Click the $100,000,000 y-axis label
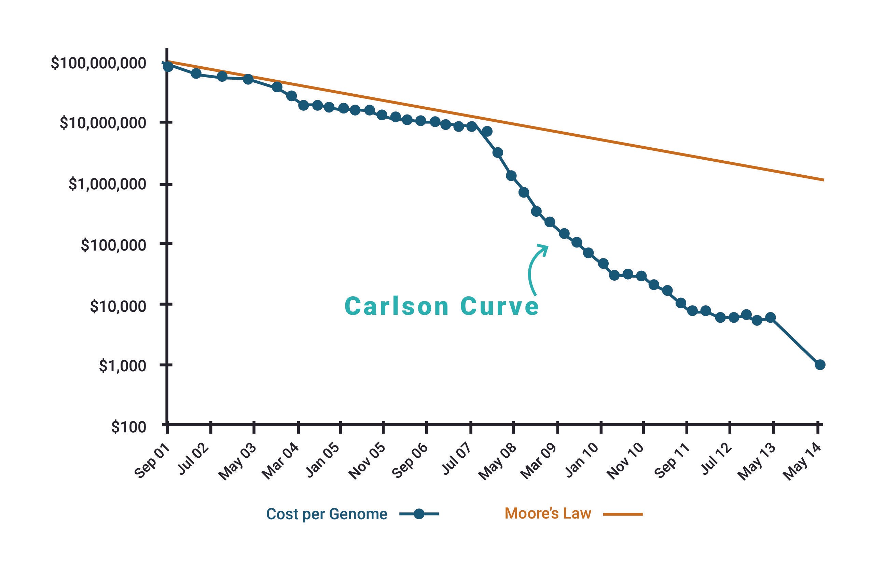pyautogui.click(x=98, y=63)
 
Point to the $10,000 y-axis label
pyautogui.click(x=118, y=306)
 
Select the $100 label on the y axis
pyautogui.click(x=128, y=427)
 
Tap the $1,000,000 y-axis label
pyautogui.click(x=107, y=184)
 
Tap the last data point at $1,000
pyautogui.click(x=820, y=365)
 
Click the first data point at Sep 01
pyautogui.click(x=168, y=66)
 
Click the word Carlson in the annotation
pyautogui.click(x=396, y=306)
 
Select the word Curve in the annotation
pyautogui.click(x=499, y=306)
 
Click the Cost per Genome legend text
pyautogui.click(x=327, y=514)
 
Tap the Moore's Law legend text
pyautogui.click(x=548, y=513)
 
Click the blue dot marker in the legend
pyautogui.click(x=419, y=514)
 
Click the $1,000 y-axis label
pyautogui.click(x=122, y=366)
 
